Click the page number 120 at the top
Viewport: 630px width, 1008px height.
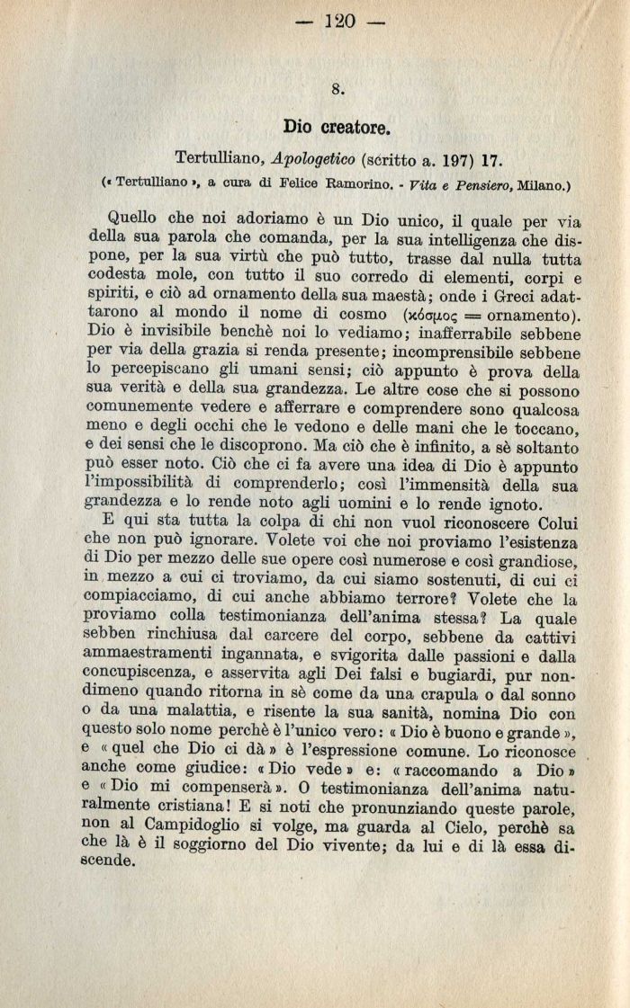pos(340,21)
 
